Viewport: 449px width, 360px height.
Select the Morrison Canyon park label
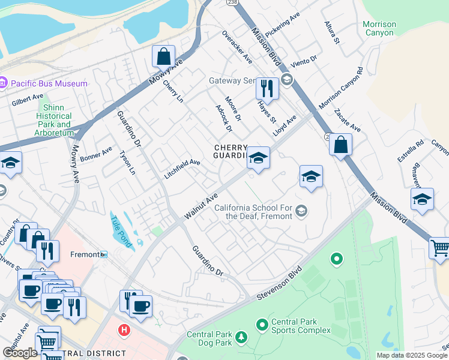[x=379, y=28]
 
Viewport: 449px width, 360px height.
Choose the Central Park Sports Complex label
[x=300, y=326]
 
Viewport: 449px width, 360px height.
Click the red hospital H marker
[x=124, y=329]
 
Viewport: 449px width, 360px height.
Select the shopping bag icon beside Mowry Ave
[x=163, y=56]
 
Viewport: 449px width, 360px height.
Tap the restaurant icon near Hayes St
[x=267, y=88]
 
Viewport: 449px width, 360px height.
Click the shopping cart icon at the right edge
[x=439, y=248]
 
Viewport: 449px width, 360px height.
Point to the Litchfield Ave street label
[x=182, y=170]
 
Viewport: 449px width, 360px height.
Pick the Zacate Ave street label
[x=348, y=120]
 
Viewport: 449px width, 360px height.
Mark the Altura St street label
[x=332, y=33]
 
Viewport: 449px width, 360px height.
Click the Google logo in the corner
[x=20, y=353]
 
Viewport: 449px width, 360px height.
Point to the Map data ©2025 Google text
[x=412, y=355]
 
